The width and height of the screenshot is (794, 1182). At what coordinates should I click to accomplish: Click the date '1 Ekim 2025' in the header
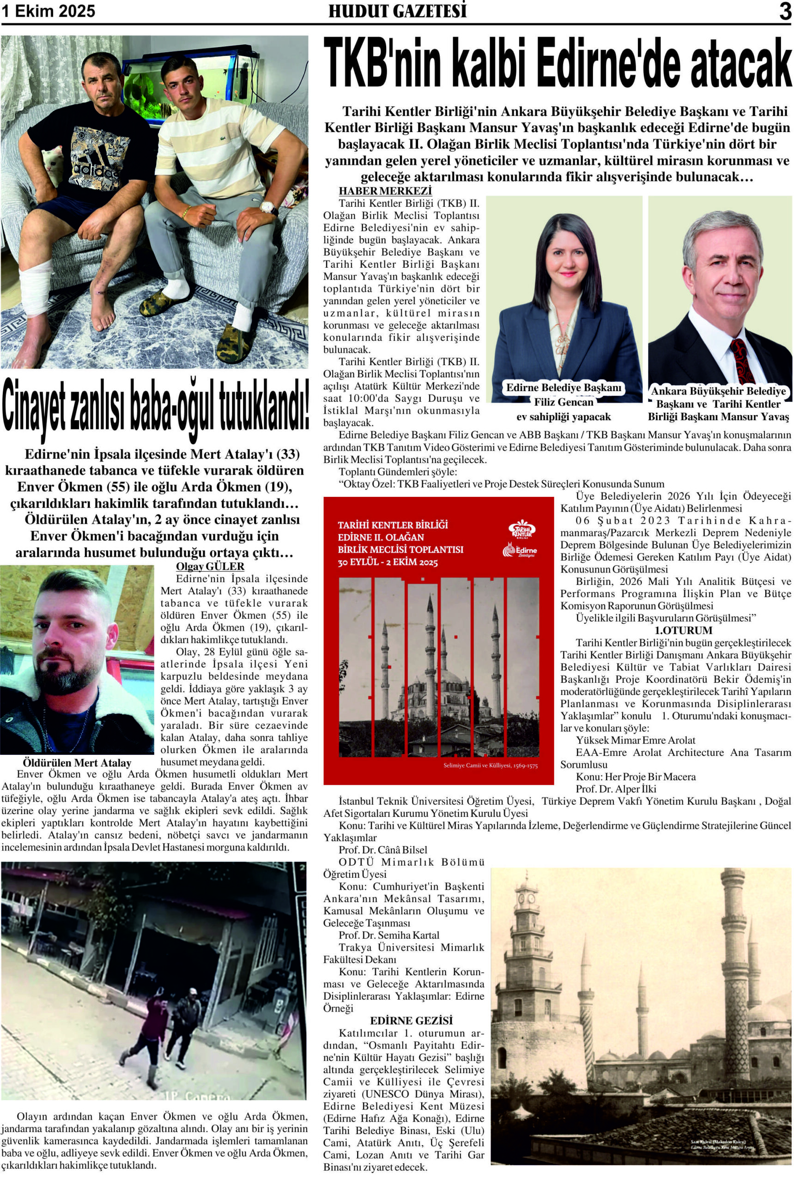[48, 12]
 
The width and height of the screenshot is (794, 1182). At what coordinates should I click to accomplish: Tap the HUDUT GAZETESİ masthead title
[398, 12]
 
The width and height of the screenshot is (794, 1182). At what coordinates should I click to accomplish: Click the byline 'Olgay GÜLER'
[210, 567]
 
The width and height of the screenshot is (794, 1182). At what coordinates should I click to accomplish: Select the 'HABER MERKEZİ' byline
[385, 191]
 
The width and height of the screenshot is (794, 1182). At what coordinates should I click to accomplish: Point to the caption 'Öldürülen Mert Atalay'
[77, 762]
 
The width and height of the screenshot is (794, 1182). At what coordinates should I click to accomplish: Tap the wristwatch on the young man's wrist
[269, 208]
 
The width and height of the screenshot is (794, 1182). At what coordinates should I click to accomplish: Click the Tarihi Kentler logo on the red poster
[522, 529]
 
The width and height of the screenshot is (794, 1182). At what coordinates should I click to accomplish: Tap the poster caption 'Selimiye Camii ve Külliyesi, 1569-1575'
[490, 766]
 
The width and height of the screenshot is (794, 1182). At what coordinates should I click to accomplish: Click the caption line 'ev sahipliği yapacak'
[563, 417]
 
